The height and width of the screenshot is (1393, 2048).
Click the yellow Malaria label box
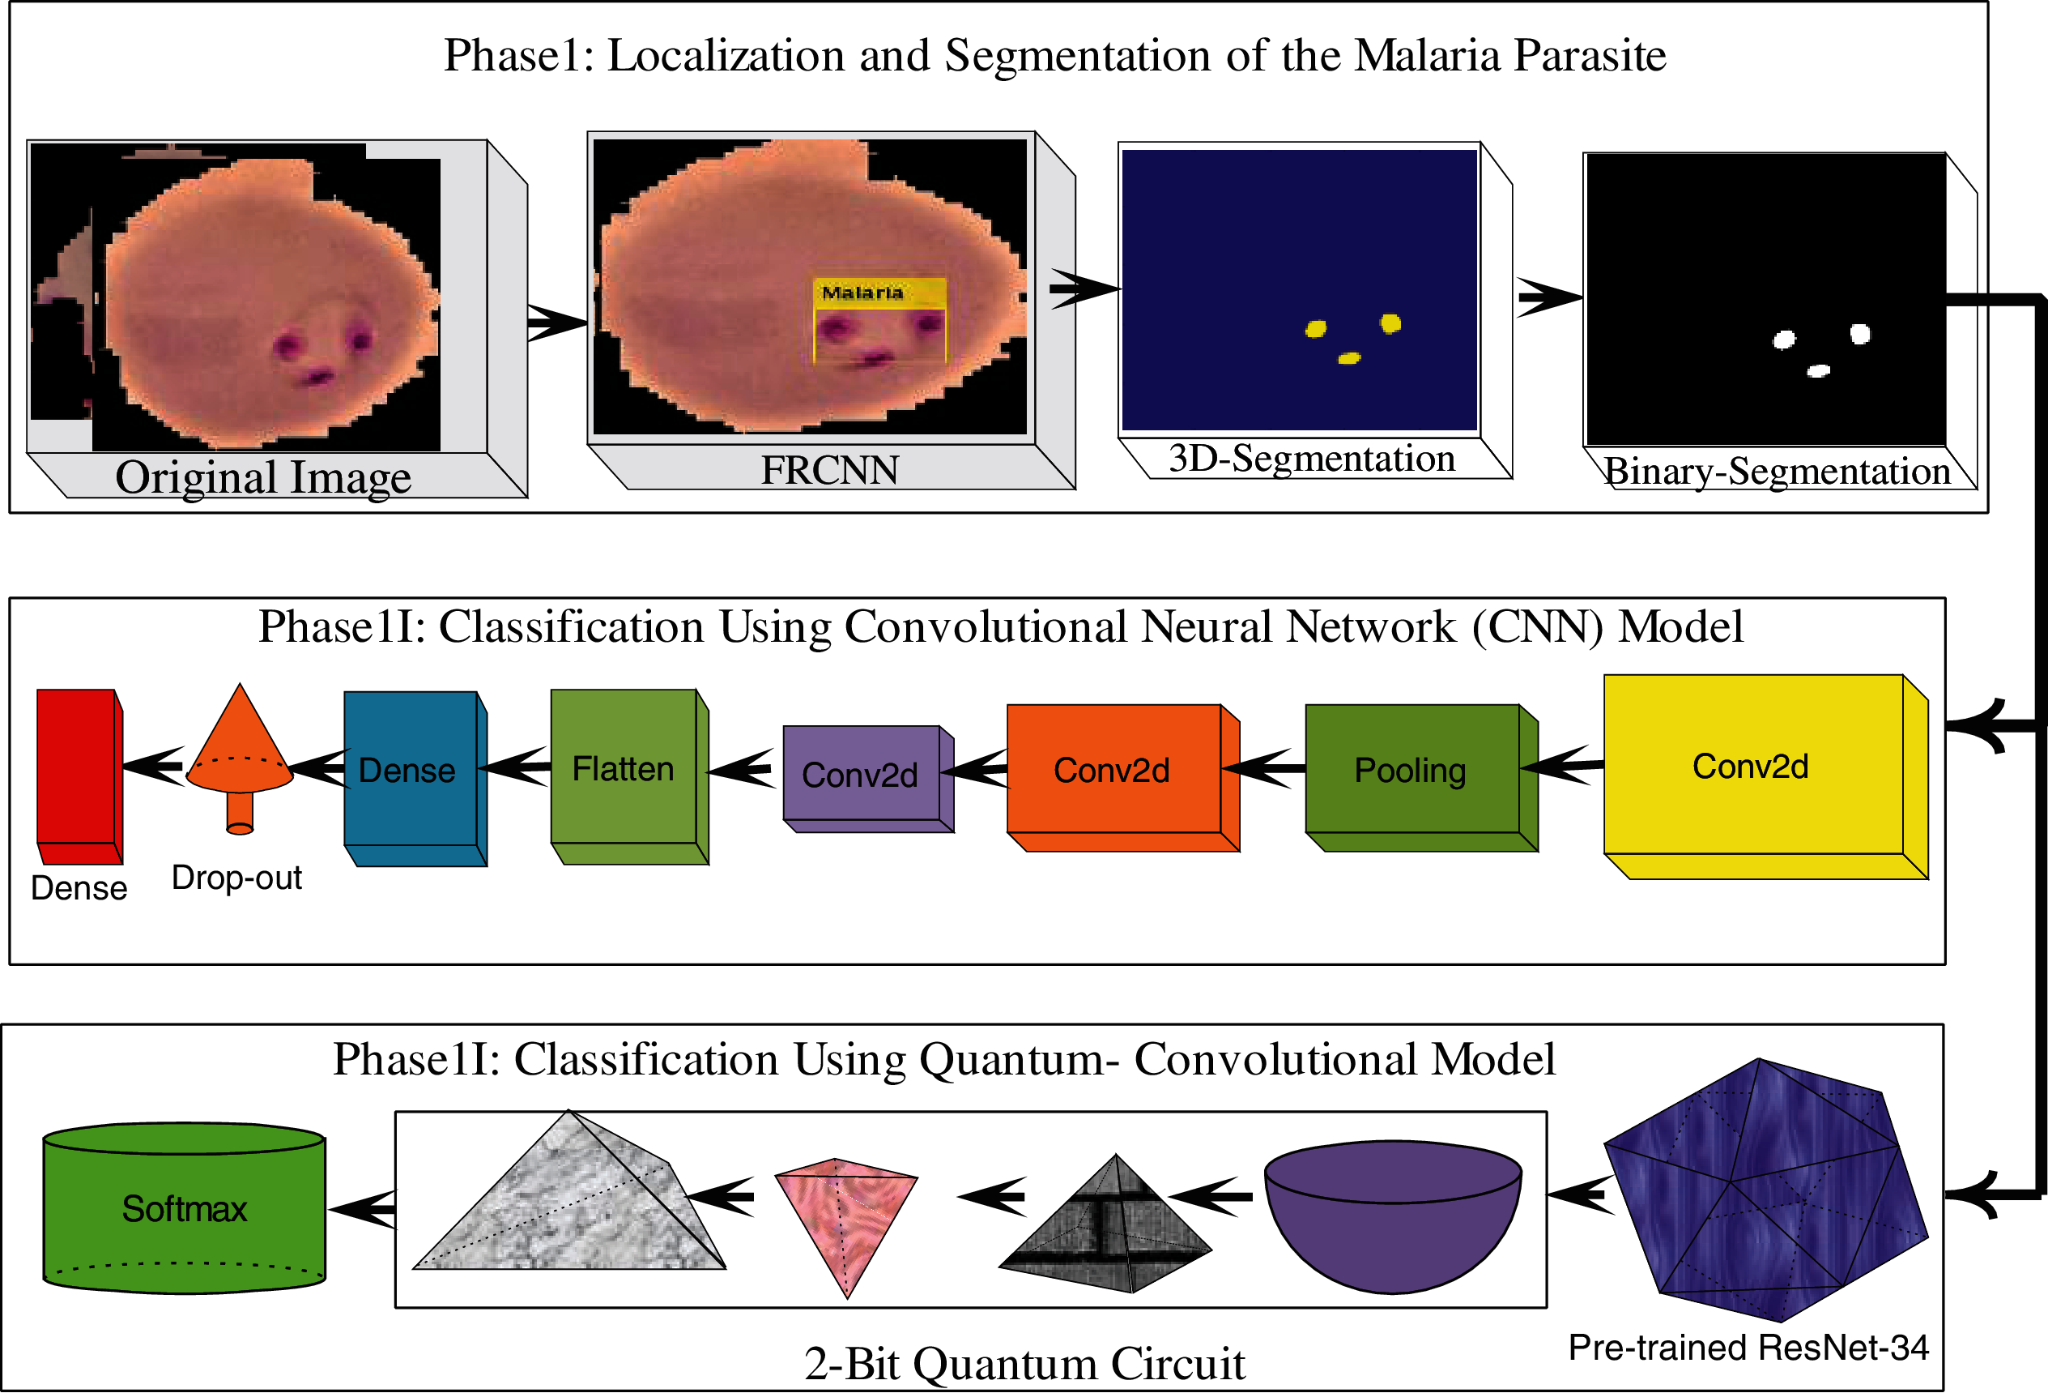point(879,293)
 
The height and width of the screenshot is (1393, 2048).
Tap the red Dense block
point(77,767)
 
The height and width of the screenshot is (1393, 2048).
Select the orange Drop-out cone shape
point(240,750)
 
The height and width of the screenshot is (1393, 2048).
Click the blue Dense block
point(411,769)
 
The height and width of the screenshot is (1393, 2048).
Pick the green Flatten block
point(624,767)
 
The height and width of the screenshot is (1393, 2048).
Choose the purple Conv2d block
point(861,774)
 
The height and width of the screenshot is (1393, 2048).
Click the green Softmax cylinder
point(184,1209)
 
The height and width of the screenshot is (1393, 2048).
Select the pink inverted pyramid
point(846,1216)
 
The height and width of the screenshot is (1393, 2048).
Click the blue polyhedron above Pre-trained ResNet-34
point(1762,1190)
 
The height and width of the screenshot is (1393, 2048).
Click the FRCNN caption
point(829,470)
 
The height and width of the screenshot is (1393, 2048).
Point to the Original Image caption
point(262,478)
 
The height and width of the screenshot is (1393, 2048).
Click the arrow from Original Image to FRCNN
point(556,323)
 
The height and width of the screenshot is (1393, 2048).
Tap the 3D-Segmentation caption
point(1311,459)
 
